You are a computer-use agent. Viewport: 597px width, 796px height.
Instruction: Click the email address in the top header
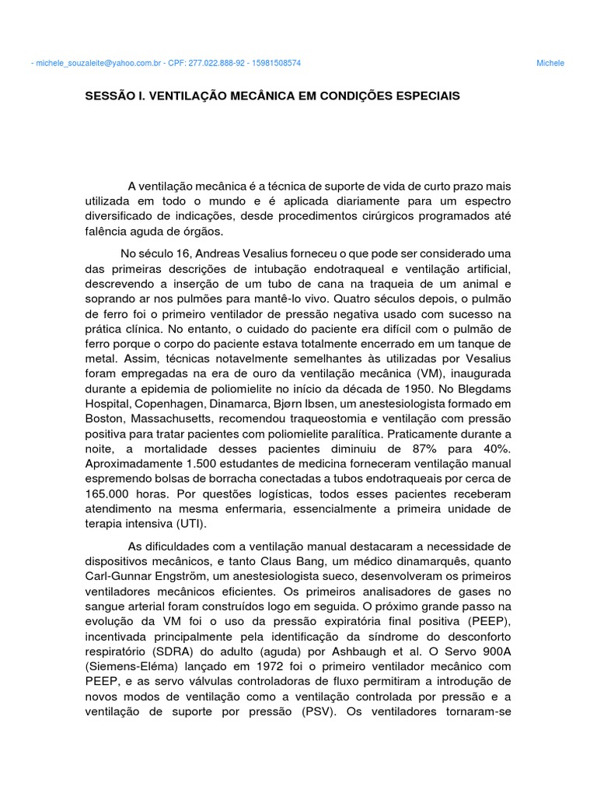coord(99,63)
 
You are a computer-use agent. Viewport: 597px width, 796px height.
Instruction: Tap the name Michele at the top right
coord(550,63)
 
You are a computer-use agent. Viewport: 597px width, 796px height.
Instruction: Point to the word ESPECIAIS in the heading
coord(424,96)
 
